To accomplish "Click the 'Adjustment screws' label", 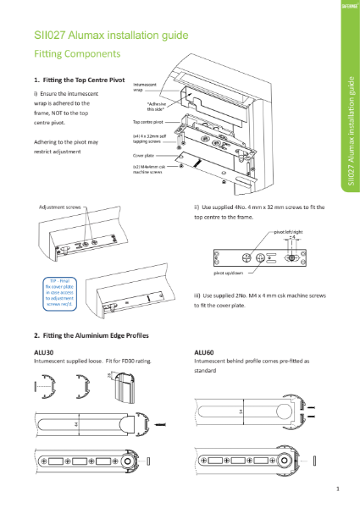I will click(x=60, y=207).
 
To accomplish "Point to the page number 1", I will click(x=337, y=489).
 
